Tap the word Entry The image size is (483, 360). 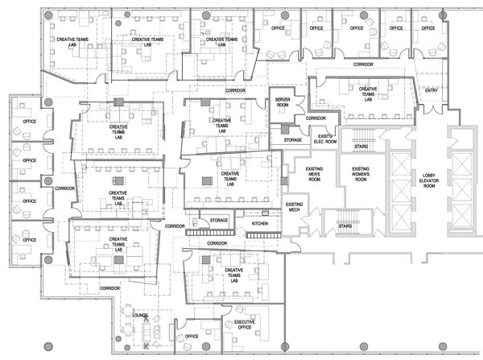click(431, 89)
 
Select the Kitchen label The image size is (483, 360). click(260, 222)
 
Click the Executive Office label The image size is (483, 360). click(245, 325)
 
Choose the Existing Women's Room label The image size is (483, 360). click(358, 172)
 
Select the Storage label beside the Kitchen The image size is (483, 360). click(219, 220)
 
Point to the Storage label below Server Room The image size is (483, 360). click(292, 140)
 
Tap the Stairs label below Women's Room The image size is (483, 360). click(345, 226)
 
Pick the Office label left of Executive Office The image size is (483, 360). click(192, 336)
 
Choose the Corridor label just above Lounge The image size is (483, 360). click(110, 288)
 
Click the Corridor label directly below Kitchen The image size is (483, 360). click(217, 242)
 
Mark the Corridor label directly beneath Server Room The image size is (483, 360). click(316, 118)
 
